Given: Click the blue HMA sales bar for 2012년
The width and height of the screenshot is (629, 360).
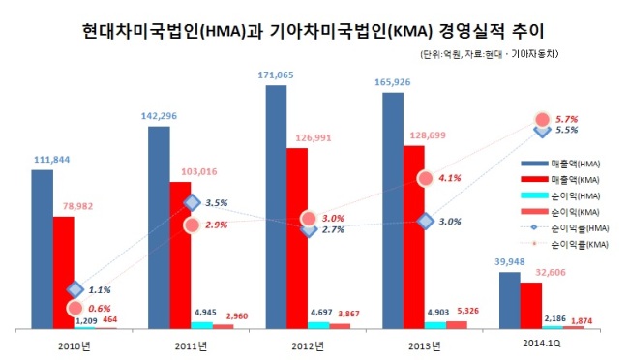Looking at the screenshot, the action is point(277,207).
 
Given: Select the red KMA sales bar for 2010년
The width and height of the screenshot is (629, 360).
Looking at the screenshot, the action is point(64,273).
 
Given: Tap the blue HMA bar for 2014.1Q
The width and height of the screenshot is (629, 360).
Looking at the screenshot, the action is point(510,301).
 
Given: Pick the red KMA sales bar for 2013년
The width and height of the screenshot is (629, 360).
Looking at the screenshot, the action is point(414,237).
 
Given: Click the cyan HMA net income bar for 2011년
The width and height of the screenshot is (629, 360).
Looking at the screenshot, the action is point(202,325).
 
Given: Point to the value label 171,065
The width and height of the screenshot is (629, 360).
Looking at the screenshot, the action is point(276,75).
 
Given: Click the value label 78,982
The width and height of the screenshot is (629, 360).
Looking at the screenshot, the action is point(77,206).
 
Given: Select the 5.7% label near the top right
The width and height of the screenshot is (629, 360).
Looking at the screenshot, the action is point(566,119).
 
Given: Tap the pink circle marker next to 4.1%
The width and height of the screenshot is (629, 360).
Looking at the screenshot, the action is point(425,178).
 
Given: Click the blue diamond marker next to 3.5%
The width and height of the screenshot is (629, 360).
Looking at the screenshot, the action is point(193,203).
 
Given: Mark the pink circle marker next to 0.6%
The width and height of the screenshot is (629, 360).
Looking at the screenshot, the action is point(75,309).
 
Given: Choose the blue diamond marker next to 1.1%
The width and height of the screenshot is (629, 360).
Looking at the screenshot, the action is point(75,289).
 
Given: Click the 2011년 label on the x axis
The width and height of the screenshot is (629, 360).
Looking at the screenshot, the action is point(191,345).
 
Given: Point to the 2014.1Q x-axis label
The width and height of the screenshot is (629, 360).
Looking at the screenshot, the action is point(542,344).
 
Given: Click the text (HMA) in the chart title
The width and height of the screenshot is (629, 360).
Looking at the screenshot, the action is point(223,32).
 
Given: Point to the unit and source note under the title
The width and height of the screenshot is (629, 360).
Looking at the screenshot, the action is point(489,54).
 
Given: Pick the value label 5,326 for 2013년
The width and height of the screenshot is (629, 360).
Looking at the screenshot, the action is point(467,311).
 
